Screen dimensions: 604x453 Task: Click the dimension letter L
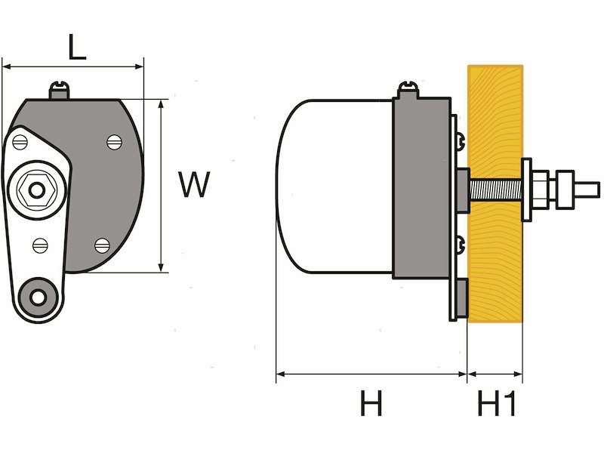coord(76,48)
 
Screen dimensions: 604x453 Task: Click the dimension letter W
coord(193,184)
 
